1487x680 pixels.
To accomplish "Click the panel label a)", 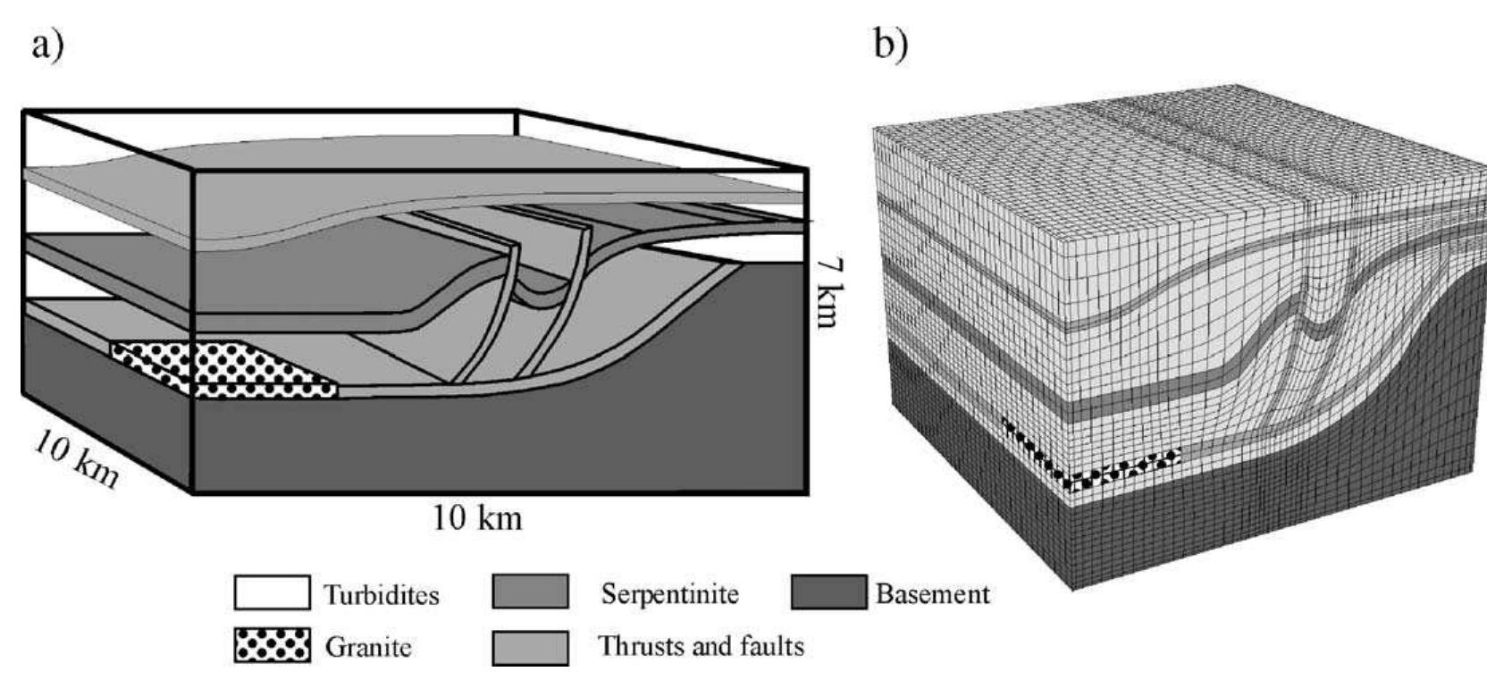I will click(x=47, y=44).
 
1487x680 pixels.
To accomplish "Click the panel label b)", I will click(x=888, y=44).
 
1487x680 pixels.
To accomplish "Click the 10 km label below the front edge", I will click(x=477, y=517).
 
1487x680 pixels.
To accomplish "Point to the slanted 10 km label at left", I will click(x=76, y=458).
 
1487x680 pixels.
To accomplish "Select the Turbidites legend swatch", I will click(x=273, y=593).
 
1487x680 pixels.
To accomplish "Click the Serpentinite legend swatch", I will click(x=530, y=592).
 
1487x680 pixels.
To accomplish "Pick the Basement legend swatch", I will click(x=828, y=592).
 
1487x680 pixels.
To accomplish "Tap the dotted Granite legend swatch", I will click(x=273, y=645).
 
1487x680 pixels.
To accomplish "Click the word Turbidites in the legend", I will click(x=382, y=594).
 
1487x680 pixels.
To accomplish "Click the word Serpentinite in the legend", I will click(x=669, y=593).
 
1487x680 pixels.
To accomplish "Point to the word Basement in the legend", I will click(x=932, y=593).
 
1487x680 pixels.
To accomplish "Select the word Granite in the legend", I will click(x=368, y=646).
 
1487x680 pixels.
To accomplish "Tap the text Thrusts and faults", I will click(x=701, y=645).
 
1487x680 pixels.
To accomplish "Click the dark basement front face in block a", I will click(x=500, y=447).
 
